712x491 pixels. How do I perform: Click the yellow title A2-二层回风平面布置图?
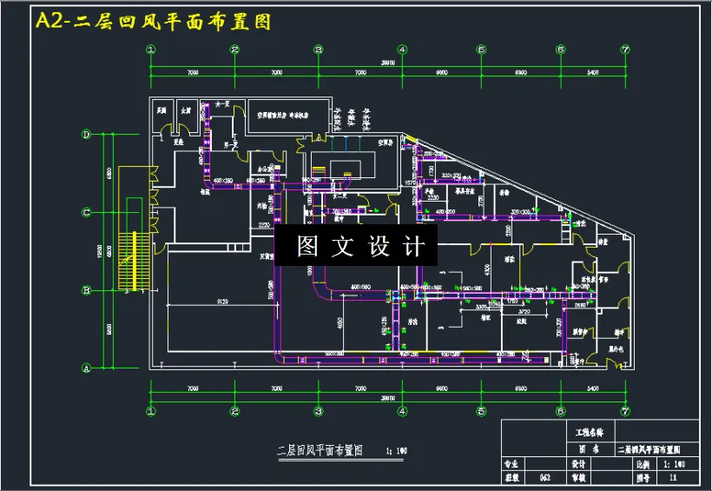(x=153, y=22)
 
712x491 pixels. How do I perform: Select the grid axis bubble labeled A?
(x=87, y=368)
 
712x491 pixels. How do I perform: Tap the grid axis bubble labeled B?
(x=87, y=290)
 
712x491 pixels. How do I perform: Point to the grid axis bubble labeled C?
(x=87, y=212)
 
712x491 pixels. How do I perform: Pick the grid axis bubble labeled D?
(x=87, y=135)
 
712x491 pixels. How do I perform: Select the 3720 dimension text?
(x=524, y=311)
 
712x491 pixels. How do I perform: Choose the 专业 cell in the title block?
(x=514, y=464)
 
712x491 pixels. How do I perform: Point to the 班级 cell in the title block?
(x=514, y=477)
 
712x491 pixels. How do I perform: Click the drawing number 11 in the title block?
(x=673, y=477)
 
